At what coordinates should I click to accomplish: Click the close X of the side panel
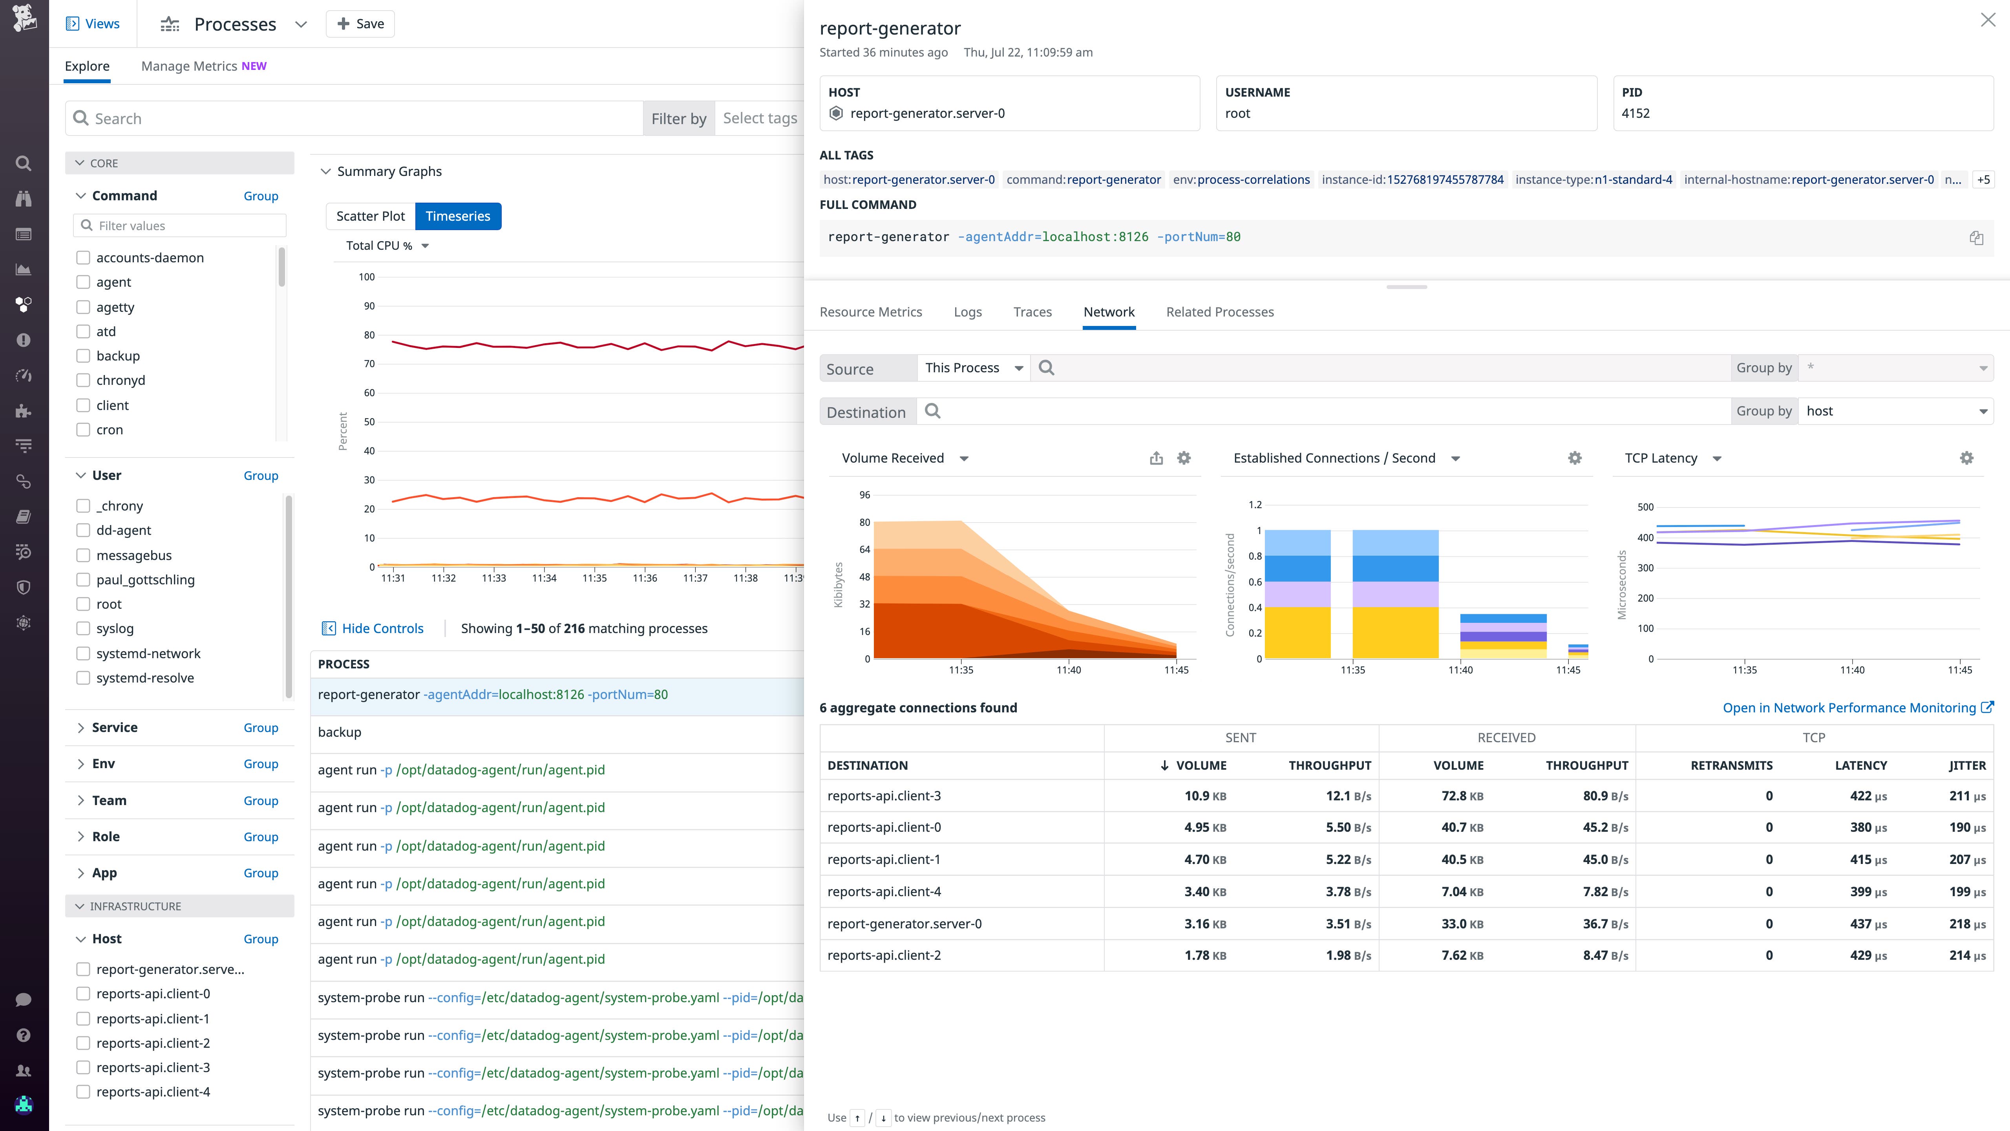1987,20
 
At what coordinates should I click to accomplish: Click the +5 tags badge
1983,179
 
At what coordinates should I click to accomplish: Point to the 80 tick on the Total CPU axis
369,335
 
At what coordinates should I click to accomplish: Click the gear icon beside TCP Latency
1966,458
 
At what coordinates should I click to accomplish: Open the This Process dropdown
973,368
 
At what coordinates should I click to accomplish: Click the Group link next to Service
261,727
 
